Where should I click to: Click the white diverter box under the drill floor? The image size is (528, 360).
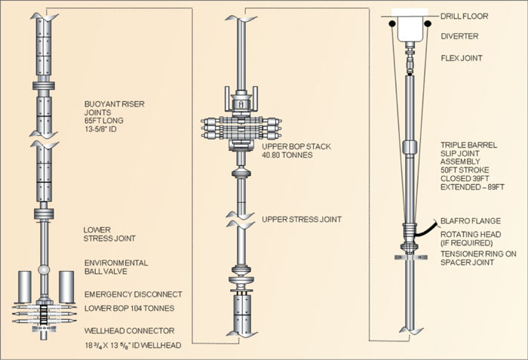point(413,28)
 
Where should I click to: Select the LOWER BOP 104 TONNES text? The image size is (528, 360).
point(129,309)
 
